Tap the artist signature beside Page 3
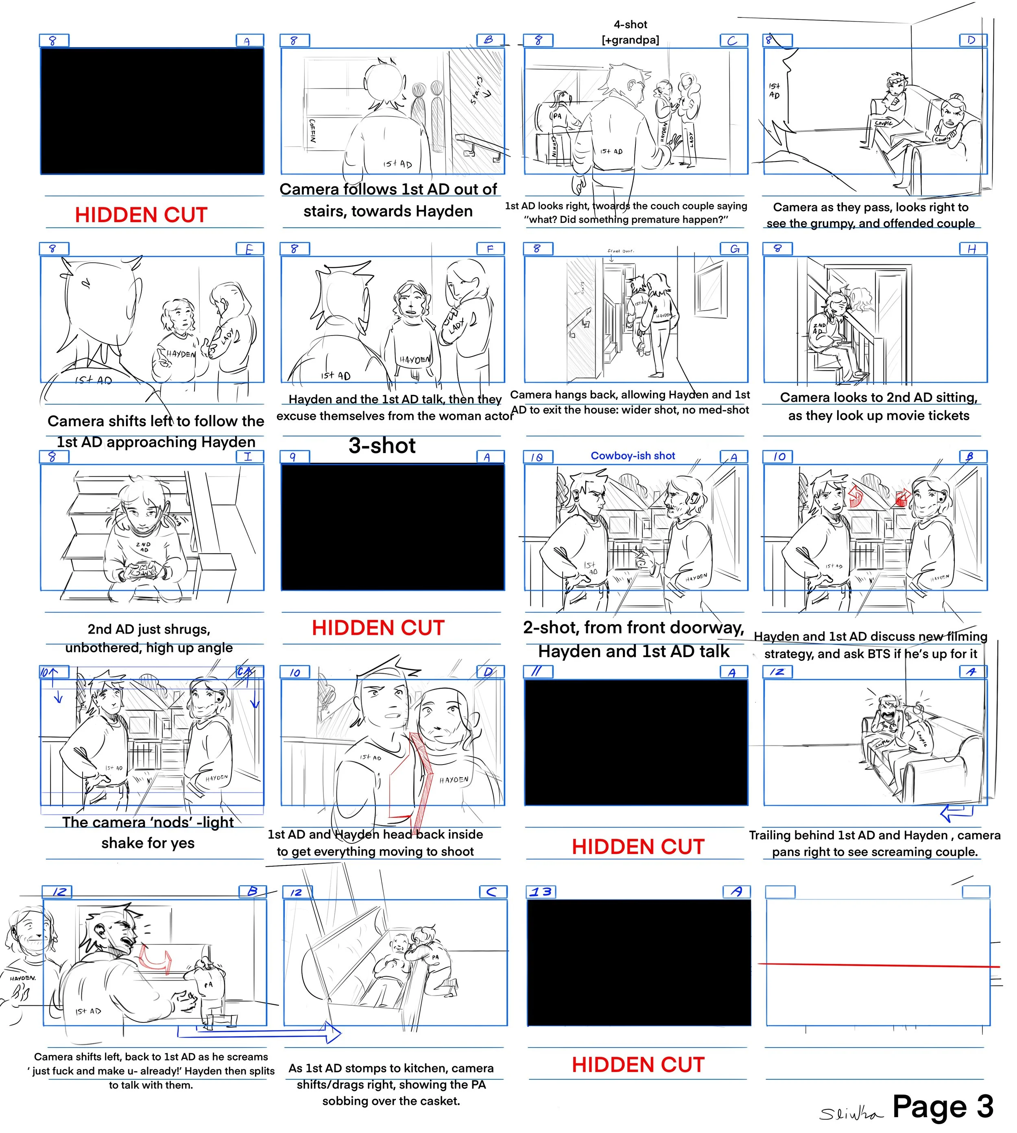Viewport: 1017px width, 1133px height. click(x=851, y=1114)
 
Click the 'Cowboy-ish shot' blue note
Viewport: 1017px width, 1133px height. click(x=633, y=456)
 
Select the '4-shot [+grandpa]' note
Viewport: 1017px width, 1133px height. click(x=630, y=32)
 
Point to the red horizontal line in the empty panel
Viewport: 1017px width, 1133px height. click(x=877, y=965)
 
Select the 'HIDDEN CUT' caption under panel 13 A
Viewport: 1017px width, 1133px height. click(x=638, y=1065)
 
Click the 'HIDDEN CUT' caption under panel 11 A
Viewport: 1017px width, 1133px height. click(x=638, y=847)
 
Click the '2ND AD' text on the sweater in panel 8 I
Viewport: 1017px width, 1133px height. click(x=144, y=547)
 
